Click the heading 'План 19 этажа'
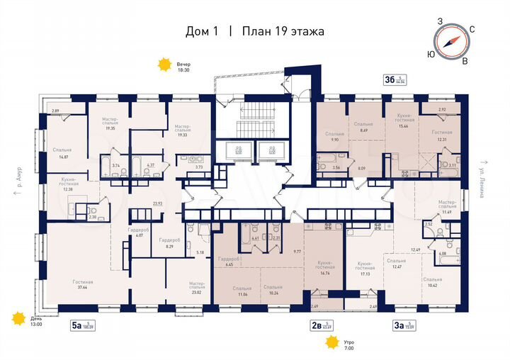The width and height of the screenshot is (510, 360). point(283,31)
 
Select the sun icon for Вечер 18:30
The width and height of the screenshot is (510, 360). point(165,65)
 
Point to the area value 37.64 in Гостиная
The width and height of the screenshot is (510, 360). point(83,288)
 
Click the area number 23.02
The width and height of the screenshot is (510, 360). point(196,290)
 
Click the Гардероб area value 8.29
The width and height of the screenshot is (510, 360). point(169,247)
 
